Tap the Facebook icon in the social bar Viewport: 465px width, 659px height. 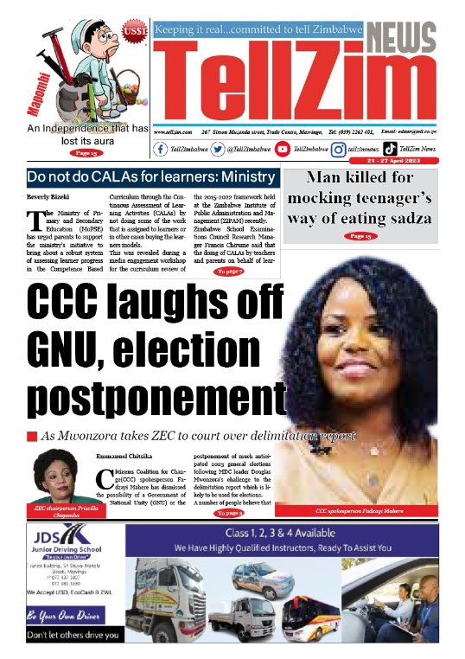point(161,149)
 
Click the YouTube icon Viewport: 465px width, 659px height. point(283,149)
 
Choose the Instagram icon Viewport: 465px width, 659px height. point(340,149)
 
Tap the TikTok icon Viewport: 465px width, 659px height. point(391,149)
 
